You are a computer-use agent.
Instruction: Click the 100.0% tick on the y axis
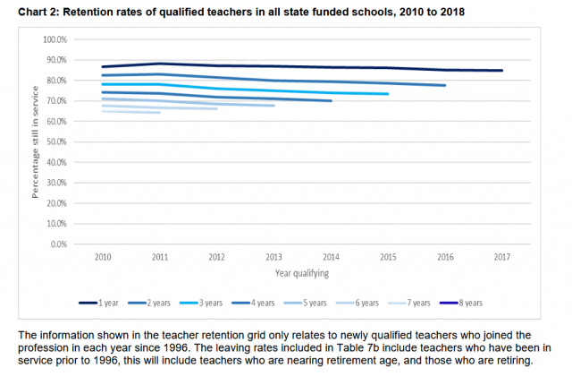[55, 40]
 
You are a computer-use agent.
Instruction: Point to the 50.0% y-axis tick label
[57, 141]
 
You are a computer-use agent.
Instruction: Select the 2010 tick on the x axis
[105, 256]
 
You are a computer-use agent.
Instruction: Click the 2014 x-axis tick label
[331, 256]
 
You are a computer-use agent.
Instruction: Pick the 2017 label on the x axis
[501, 256]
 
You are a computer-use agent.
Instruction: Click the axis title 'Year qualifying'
[301, 271]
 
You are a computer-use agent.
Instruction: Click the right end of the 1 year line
[501, 71]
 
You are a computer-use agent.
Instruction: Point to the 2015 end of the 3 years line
[388, 94]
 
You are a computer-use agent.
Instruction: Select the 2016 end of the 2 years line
[445, 85]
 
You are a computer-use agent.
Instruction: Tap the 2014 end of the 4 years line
[332, 101]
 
